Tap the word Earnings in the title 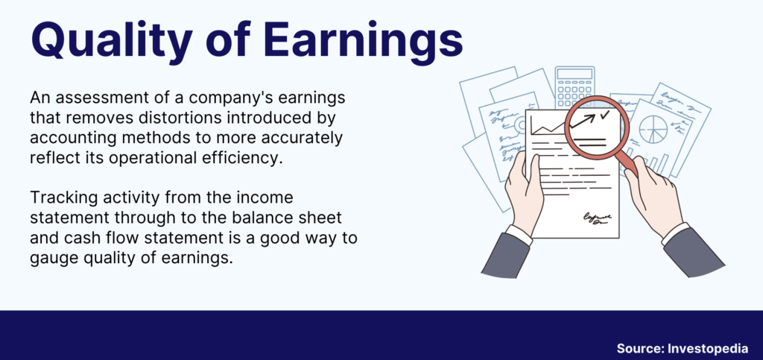point(363,41)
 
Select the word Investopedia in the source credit point(708,348)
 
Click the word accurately point(302,139)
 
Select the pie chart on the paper point(653,130)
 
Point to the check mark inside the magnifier point(604,115)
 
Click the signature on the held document point(598,218)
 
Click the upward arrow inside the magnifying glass point(582,121)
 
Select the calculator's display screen point(574,74)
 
